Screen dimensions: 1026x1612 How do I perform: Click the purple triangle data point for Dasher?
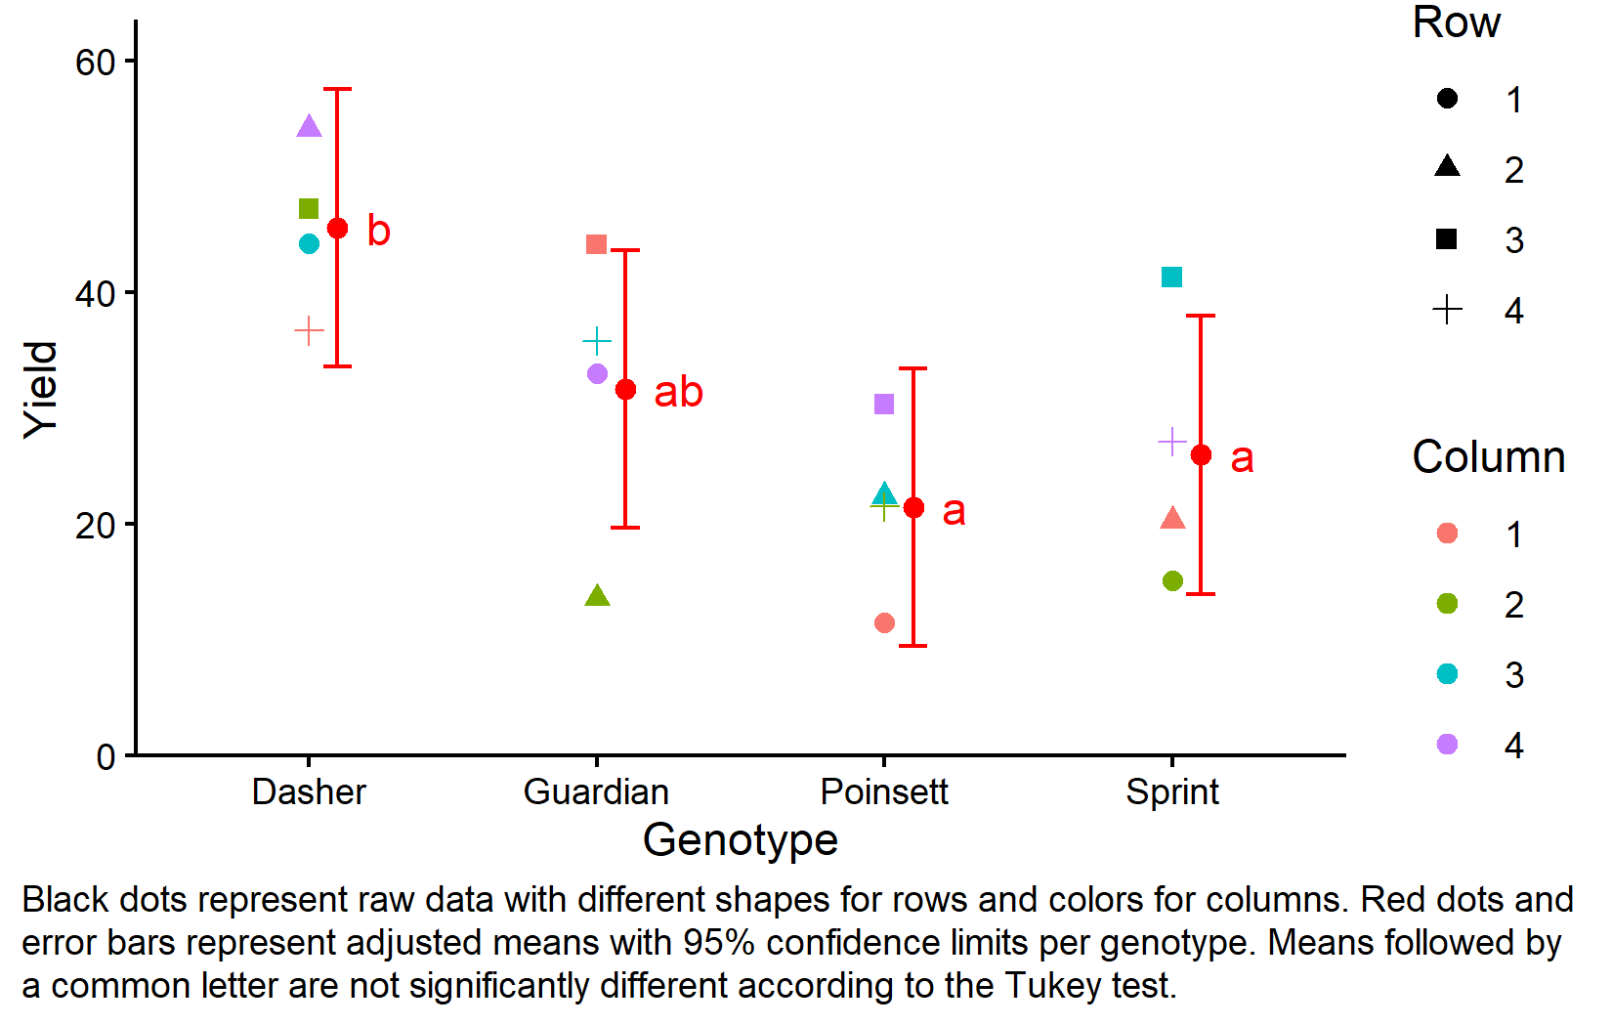(309, 127)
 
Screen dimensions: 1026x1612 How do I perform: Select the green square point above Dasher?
(309, 208)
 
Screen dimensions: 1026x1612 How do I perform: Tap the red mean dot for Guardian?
(625, 390)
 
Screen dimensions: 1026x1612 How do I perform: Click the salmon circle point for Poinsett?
(884, 622)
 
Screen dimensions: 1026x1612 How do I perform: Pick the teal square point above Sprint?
(1171, 278)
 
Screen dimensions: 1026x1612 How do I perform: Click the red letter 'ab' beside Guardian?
(678, 393)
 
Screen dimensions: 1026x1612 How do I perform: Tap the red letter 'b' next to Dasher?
(378, 231)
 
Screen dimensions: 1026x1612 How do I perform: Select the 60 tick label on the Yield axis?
(95, 63)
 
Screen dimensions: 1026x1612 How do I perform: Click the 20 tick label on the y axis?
(95, 526)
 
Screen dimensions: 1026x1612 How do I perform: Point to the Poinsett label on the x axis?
(884, 791)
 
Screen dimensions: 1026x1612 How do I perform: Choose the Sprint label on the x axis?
(1171, 791)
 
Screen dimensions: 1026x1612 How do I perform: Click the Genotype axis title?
(741, 840)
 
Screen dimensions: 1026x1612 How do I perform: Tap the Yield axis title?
(41, 389)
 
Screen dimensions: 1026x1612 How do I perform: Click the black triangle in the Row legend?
(1447, 167)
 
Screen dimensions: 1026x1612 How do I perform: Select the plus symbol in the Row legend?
(1447, 311)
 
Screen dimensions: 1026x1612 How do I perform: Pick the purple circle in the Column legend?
(1447, 745)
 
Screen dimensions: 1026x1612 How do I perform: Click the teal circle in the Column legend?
(1447, 674)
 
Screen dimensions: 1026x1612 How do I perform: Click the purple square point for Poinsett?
(884, 404)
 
